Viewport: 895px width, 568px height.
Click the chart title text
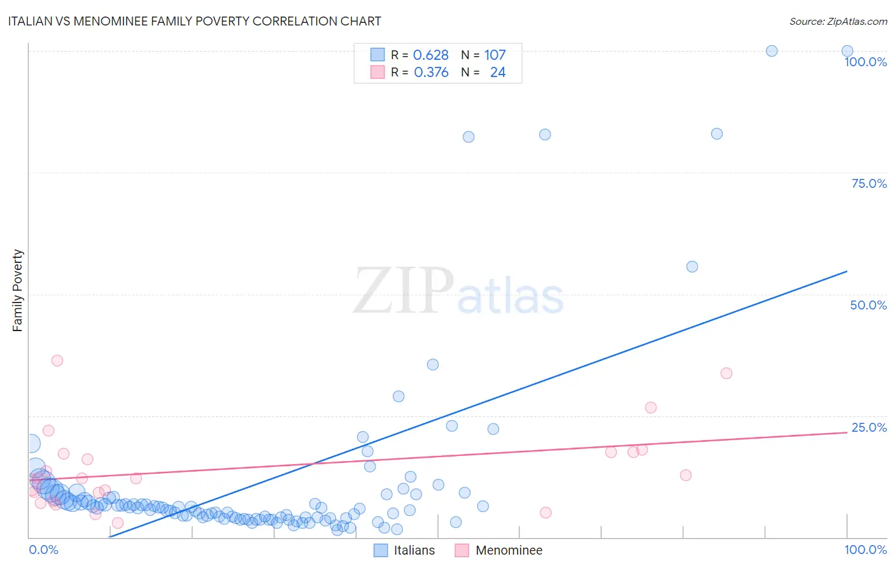[x=195, y=21]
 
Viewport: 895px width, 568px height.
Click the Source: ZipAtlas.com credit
[x=838, y=21]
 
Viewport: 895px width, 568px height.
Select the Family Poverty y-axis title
[x=18, y=290]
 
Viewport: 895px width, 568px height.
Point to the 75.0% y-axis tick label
[x=868, y=183]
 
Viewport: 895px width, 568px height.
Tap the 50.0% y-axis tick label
[x=868, y=305]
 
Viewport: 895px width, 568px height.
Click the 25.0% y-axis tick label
[x=868, y=427]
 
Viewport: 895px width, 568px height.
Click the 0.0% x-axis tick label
[x=43, y=550]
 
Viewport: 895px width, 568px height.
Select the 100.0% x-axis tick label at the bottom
[x=865, y=550]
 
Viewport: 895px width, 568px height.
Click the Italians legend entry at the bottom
[x=414, y=550]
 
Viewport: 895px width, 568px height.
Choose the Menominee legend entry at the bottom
[x=509, y=550]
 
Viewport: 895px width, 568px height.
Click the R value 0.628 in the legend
[x=431, y=55]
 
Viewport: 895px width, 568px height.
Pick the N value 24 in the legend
[x=498, y=73]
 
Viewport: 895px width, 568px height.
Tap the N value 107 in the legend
[x=495, y=55]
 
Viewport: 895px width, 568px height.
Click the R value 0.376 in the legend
[x=431, y=73]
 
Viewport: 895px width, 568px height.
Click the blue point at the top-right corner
[x=847, y=51]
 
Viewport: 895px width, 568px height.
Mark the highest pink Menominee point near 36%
[x=57, y=360]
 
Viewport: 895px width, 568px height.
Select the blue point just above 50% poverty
[x=692, y=267]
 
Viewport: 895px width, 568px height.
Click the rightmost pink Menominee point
[x=726, y=373]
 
